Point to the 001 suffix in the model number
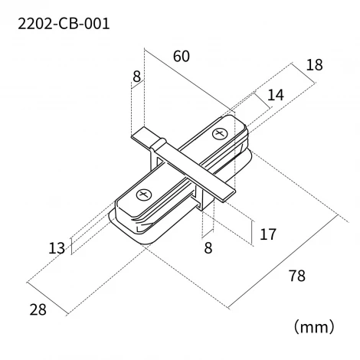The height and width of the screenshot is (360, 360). click(x=95, y=24)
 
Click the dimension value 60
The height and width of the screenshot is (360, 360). click(x=182, y=57)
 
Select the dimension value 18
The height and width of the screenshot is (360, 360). click(x=314, y=66)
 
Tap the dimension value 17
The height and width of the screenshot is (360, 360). click(x=268, y=234)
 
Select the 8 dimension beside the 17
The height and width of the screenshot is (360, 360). click(x=206, y=247)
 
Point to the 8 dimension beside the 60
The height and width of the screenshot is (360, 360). click(x=136, y=77)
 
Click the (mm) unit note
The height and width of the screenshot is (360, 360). click(x=314, y=327)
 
